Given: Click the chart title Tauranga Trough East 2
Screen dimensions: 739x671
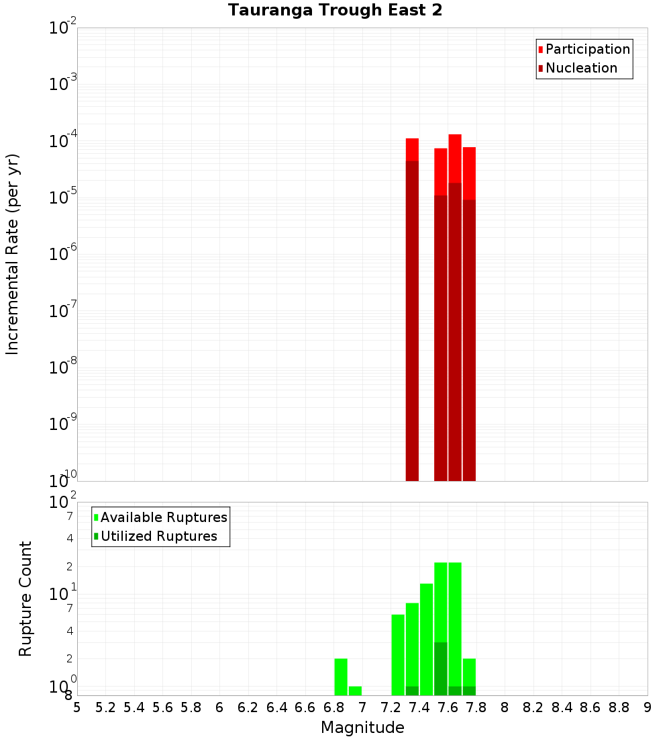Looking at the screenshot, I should [x=335, y=11].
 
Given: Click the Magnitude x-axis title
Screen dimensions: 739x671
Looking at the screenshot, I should [x=362, y=728].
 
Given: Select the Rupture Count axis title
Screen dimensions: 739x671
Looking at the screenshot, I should [x=25, y=599].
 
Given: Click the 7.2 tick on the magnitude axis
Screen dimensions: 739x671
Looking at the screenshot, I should [x=391, y=707].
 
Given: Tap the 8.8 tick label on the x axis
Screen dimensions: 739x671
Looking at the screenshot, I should [x=619, y=707].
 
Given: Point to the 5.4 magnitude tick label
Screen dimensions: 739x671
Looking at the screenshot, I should [x=134, y=707].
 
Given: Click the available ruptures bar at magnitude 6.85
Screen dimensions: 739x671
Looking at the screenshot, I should [x=341, y=677].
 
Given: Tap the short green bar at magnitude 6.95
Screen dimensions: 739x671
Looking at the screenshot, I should [x=355, y=691].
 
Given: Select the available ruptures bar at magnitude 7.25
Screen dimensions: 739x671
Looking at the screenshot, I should [x=398, y=655].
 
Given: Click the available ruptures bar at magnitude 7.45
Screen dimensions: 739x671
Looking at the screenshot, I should [x=427, y=639].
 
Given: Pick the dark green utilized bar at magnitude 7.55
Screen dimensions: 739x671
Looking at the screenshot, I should [x=441, y=668].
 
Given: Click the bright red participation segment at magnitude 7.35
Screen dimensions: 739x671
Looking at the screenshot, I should [x=412, y=149].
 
